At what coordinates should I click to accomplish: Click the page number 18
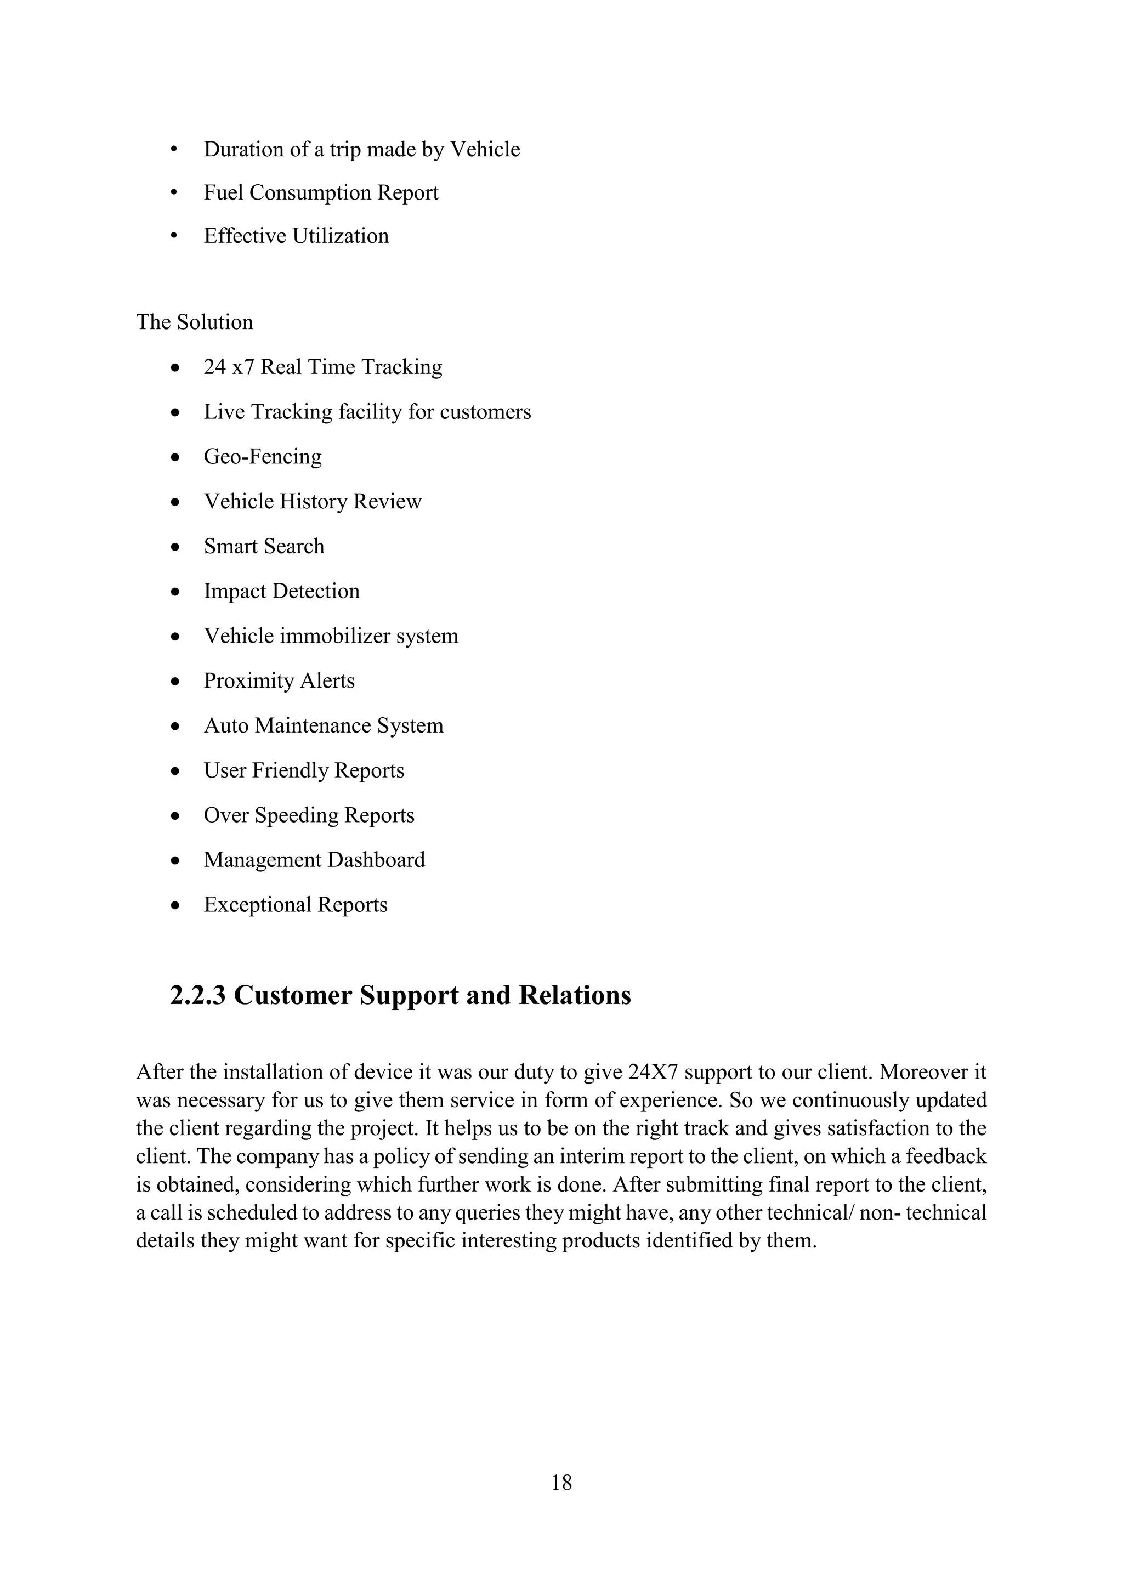pos(561,1482)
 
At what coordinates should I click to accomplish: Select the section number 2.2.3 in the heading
pos(198,996)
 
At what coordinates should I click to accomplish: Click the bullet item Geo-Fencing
pos(263,456)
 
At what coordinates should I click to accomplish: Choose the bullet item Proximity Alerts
pos(279,681)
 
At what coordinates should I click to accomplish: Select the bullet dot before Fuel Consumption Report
pos(174,193)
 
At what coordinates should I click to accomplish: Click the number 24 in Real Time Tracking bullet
pos(214,367)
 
